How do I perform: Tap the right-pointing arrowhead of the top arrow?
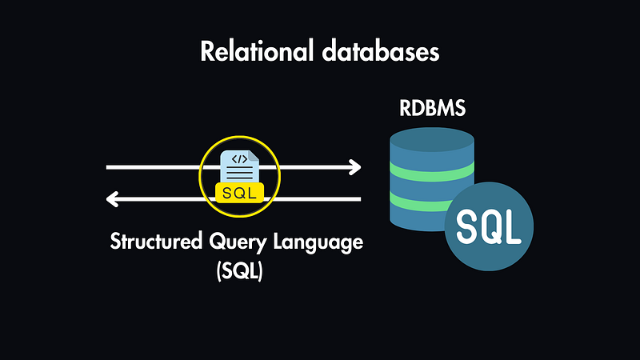pyautogui.click(x=354, y=168)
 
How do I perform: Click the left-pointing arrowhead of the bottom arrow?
pyautogui.click(x=114, y=199)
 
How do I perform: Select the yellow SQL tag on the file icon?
pyautogui.click(x=240, y=194)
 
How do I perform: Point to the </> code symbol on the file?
pyautogui.click(x=239, y=159)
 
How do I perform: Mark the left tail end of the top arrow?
pyautogui.click(x=110, y=168)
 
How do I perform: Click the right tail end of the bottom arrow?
pyautogui.click(x=359, y=199)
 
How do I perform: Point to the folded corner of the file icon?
pyautogui.click(x=253, y=154)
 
